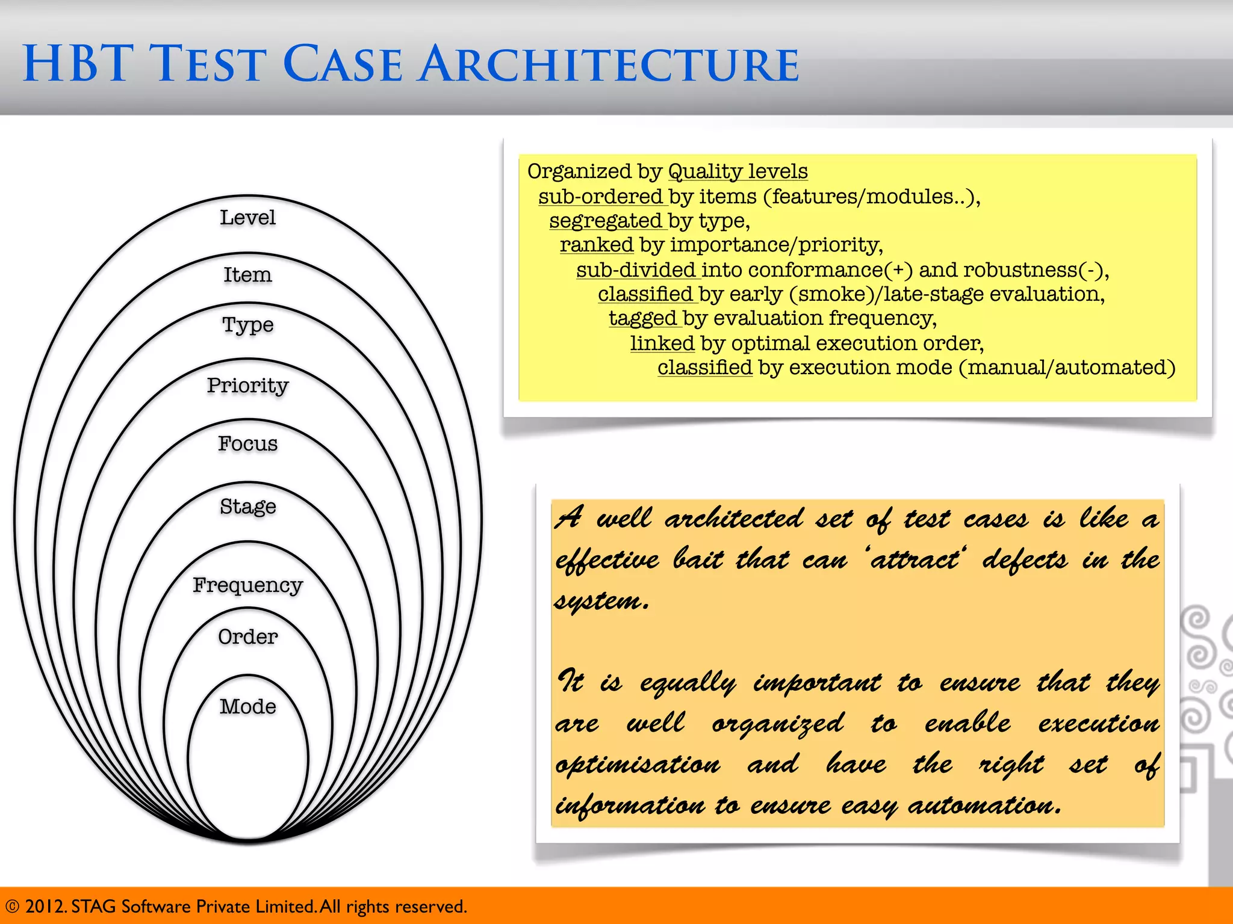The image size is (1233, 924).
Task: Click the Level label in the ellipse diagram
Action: pos(247,217)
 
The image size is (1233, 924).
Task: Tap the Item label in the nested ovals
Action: pos(247,275)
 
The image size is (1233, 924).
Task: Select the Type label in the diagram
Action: pos(247,325)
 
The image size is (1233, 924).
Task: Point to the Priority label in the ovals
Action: pos(247,385)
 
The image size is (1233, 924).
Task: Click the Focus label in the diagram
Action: pos(247,443)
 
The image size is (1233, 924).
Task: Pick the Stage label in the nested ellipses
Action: pos(247,507)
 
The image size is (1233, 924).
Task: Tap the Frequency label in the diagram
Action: pos(247,585)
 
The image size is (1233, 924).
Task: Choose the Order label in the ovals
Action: pos(247,636)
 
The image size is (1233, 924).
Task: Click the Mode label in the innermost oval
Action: pos(247,706)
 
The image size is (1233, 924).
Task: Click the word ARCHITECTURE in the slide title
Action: pos(609,64)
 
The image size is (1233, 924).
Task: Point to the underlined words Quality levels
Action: pos(738,171)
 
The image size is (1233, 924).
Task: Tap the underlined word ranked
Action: pos(596,245)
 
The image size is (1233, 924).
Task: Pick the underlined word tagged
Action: pos(642,318)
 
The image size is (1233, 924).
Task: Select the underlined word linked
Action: pos(662,343)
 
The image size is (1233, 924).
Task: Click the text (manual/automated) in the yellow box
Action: pos(1066,367)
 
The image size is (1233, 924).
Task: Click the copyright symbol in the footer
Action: pos(12,907)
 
